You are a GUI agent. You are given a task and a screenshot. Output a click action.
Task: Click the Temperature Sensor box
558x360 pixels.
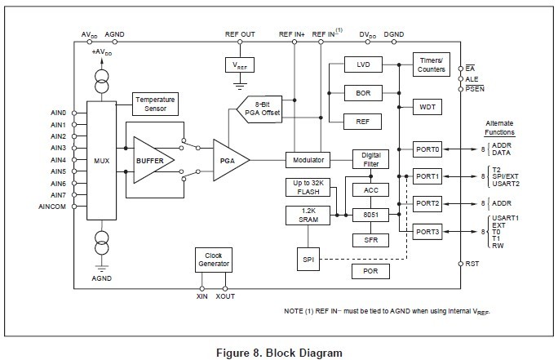point(155,104)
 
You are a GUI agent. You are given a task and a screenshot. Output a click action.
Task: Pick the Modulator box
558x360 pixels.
point(308,160)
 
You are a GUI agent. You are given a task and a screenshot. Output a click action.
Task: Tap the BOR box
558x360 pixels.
point(363,93)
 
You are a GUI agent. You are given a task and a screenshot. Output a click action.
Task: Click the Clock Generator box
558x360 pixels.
point(213,260)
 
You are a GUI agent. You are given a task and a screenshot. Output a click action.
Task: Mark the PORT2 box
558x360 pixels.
point(427,203)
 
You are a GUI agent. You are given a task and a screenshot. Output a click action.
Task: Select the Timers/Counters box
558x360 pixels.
point(431,65)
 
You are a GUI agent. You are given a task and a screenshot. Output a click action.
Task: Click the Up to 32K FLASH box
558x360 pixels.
point(308,188)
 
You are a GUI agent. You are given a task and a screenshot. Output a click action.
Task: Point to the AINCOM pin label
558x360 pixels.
point(52,207)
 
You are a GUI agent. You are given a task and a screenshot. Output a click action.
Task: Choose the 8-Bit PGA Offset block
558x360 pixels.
point(260,108)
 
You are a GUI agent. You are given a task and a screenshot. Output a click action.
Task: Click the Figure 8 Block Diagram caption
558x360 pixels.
point(279,353)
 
